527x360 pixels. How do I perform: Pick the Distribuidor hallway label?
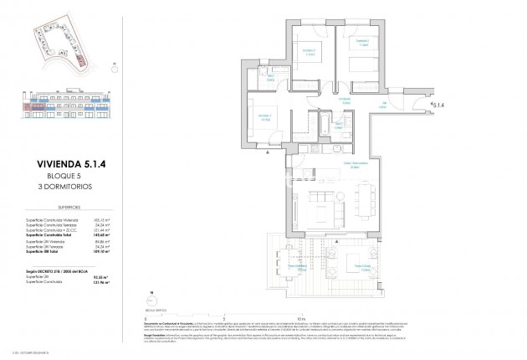click(343, 99)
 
